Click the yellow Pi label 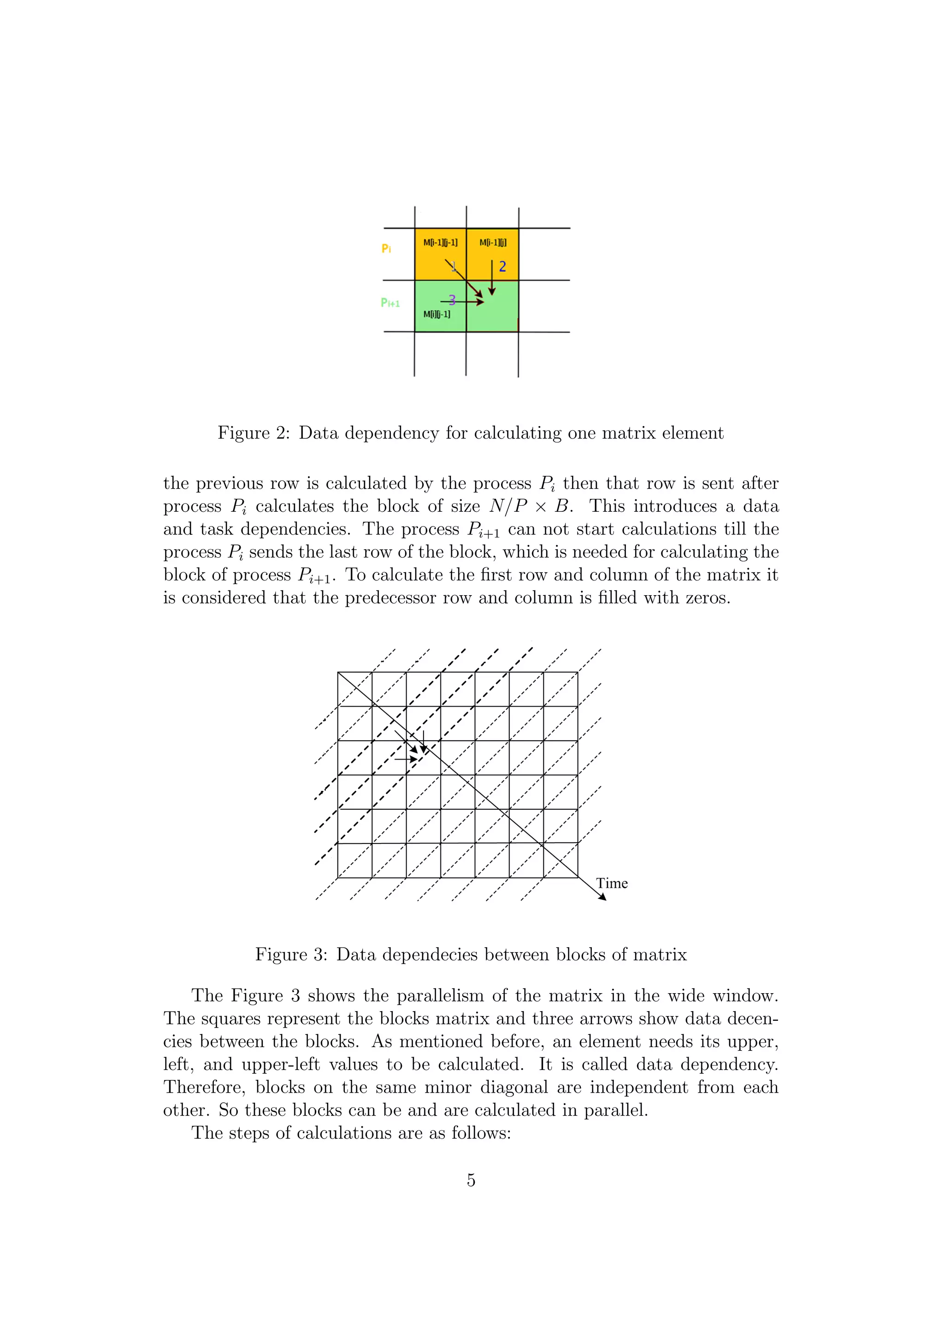coord(386,249)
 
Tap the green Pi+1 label coord(390,303)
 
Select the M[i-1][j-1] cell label coord(440,242)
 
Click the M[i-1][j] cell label coord(492,242)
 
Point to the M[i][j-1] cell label coord(437,314)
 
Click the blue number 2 coord(502,267)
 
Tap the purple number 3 coord(452,300)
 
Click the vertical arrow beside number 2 coord(492,278)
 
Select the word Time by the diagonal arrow coord(612,883)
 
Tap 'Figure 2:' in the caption coord(254,433)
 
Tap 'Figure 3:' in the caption coord(291,954)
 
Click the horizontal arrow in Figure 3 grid coord(406,759)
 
